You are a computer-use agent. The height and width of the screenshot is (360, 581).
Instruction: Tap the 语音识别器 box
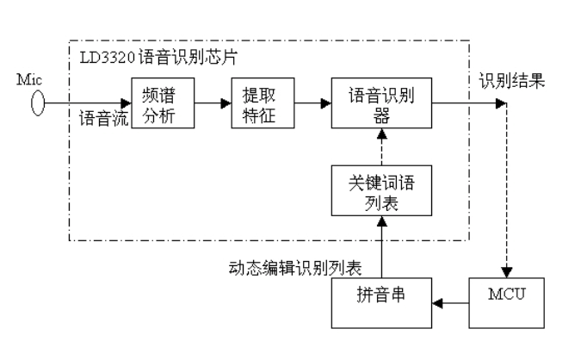tap(381, 102)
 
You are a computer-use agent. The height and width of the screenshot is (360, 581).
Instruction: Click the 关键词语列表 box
tap(381, 193)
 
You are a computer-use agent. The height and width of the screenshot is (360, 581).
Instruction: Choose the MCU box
tap(506, 302)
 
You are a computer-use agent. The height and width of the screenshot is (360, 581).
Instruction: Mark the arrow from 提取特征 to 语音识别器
tap(312, 102)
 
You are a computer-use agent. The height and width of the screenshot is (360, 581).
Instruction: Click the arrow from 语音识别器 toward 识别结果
tap(469, 102)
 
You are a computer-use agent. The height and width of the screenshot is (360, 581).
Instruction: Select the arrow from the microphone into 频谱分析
tap(86, 102)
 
